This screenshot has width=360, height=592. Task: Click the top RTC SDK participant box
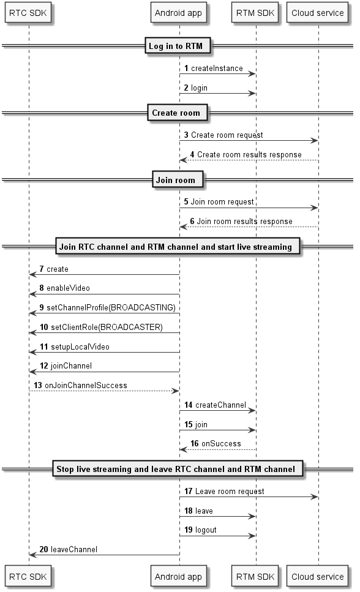tap(28, 13)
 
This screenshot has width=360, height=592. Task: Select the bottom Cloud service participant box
tap(317, 577)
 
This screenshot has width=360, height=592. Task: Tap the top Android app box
tap(178, 13)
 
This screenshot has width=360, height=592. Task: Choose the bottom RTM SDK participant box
tap(255, 577)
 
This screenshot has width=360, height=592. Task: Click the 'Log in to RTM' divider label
tap(178, 46)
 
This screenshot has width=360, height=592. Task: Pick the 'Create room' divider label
tap(177, 113)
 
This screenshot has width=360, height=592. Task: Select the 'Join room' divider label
tap(177, 180)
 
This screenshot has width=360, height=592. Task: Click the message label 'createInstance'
tap(217, 69)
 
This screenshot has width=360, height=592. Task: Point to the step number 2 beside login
tap(186, 88)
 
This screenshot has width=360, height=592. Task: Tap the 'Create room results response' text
tap(249, 154)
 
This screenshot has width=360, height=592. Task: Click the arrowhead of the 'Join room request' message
tap(314, 208)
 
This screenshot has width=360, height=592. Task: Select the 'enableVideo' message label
tap(68, 288)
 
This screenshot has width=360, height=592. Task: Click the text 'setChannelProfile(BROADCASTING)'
tap(111, 308)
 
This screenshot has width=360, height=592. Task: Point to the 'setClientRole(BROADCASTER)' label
tap(107, 327)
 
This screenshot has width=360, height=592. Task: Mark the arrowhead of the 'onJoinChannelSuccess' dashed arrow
tap(175, 391)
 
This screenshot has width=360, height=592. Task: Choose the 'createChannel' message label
tap(220, 405)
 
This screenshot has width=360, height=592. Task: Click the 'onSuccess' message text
tap(221, 444)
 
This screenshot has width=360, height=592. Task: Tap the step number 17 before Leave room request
tap(189, 491)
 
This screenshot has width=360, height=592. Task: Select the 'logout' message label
tap(206, 530)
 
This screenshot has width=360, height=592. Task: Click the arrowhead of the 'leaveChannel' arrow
tap(33, 555)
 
